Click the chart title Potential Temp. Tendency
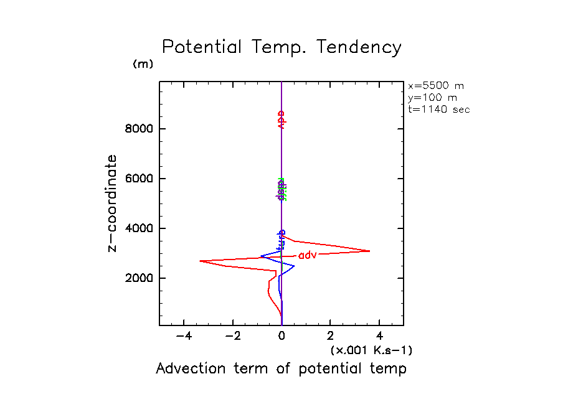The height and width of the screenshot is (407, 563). tap(281, 47)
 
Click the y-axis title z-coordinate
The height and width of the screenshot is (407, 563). tap(113, 203)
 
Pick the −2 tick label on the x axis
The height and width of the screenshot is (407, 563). tap(232, 336)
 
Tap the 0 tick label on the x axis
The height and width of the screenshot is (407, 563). tap(281, 336)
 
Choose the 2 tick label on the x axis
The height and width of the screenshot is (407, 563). tap(330, 336)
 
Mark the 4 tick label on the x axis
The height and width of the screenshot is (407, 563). tap(379, 336)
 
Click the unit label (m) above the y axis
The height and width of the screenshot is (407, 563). tap(143, 64)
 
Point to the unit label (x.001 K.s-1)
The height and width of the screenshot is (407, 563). tap(371, 350)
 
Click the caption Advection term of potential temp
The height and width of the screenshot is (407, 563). tap(281, 368)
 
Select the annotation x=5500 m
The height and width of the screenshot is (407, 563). tap(435, 86)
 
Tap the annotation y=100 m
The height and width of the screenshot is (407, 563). tap(432, 98)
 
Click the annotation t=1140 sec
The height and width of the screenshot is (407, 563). tap(438, 110)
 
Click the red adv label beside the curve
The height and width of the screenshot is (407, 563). tap(308, 255)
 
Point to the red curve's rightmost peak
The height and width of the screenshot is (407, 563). tap(369, 251)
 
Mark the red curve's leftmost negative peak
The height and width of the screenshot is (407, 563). tap(200, 261)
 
